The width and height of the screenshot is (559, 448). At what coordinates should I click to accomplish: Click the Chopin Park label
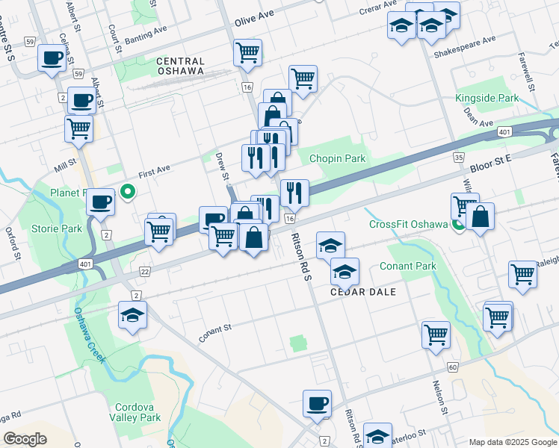(338, 158)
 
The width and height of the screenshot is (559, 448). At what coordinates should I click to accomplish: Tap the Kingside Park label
(487, 99)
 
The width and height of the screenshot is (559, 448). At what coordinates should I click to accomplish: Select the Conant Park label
(407, 267)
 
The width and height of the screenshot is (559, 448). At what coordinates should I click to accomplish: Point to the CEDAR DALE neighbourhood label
(363, 292)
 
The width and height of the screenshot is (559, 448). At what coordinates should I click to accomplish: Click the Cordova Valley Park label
(135, 413)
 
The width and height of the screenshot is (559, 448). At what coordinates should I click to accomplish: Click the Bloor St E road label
(489, 159)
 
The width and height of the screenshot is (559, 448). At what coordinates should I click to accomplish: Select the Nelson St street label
(439, 395)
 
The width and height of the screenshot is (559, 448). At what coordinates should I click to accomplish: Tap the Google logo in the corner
(24, 439)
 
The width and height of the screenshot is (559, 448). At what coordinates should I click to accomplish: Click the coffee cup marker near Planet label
(100, 201)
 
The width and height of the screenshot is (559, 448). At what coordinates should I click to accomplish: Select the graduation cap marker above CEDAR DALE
(330, 245)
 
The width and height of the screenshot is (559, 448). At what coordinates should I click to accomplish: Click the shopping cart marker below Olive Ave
(247, 52)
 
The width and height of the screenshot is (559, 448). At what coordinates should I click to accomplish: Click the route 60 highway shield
(454, 367)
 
